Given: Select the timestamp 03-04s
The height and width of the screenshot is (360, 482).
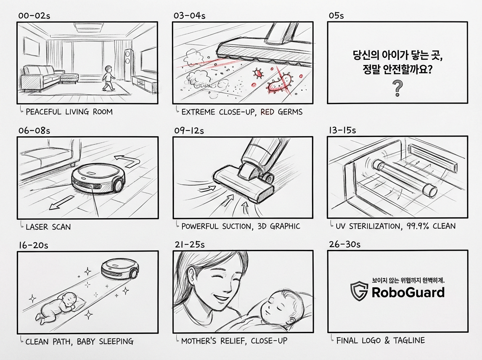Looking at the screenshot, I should click(189, 16).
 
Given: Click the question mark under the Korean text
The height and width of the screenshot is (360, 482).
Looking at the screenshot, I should click(397, 88).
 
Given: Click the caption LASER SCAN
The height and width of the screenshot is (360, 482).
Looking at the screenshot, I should click(48, 227).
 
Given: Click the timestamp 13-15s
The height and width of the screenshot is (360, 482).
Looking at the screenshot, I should click(342, 131).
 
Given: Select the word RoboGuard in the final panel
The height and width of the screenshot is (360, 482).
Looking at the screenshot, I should click(408, 292).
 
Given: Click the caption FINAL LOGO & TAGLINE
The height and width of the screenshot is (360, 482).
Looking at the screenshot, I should click(380, 340).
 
